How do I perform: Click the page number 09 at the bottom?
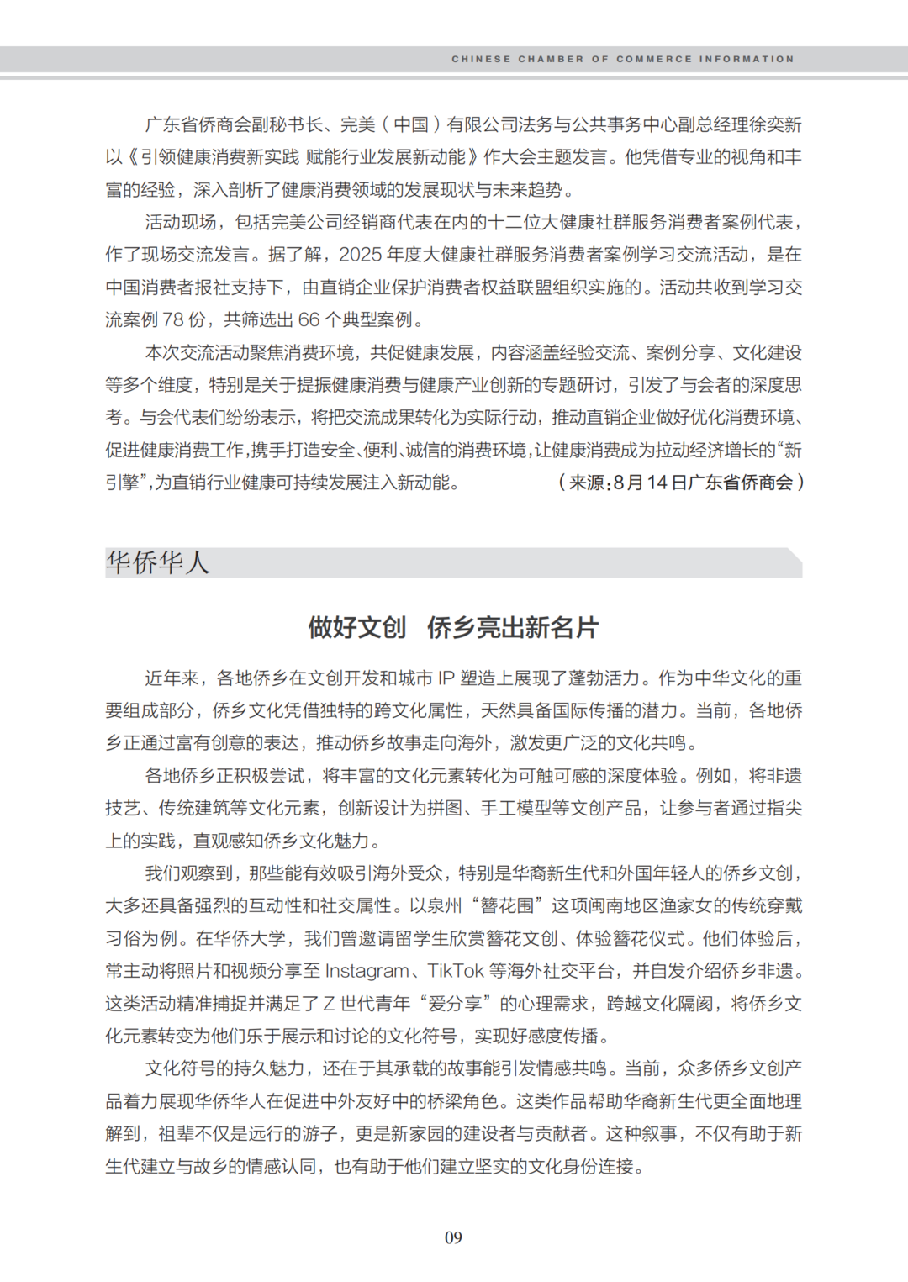[453, 1237]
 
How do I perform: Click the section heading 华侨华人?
[157, 562]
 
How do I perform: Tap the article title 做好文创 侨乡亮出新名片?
[453, 627]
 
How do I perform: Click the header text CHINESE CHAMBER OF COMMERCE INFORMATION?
[622, 59]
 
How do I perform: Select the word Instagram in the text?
[367, 971]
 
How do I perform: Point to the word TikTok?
[456, 971]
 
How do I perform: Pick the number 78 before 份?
[173, 319]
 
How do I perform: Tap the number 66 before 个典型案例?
[309, 319]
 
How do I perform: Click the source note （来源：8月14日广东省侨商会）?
[680, 483]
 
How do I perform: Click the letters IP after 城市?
[446, 678]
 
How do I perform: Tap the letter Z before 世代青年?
[329, 1004]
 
